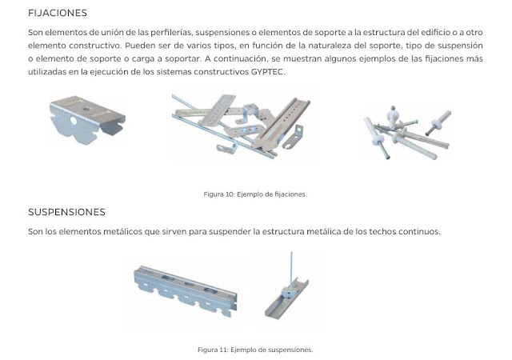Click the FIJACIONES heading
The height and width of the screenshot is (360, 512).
58,13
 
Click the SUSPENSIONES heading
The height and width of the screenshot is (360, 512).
66,212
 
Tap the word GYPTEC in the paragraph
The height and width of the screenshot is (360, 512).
267,72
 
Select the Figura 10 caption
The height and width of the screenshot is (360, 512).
255,194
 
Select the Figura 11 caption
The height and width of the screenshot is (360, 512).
255,350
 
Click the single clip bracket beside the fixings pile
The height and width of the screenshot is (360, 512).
87,119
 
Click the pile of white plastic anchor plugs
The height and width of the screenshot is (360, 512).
407,132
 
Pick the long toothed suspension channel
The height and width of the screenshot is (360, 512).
186,290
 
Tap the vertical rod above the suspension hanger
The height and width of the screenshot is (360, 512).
291,266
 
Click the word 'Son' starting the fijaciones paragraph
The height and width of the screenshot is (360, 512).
35,33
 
